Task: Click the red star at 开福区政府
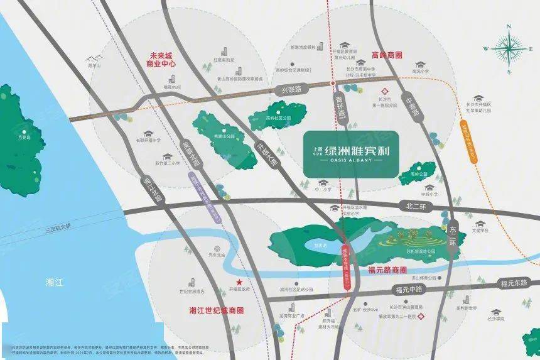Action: (238, 282)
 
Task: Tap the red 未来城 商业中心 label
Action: (159, 60)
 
